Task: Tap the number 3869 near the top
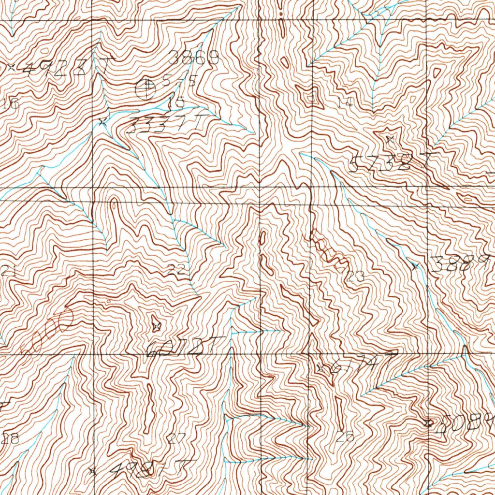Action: [x=194, y=59]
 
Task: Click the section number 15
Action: [x=177, y=102]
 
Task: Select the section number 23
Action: [x=355, y=277]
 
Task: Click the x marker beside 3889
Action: [x=414, y=265]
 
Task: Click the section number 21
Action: [x=8, y=271]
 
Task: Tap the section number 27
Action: [x=177, y=439]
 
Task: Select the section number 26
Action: [x=346, y=437]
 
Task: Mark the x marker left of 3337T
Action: [x=102, y=122]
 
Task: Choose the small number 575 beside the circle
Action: [x=179, y=81]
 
